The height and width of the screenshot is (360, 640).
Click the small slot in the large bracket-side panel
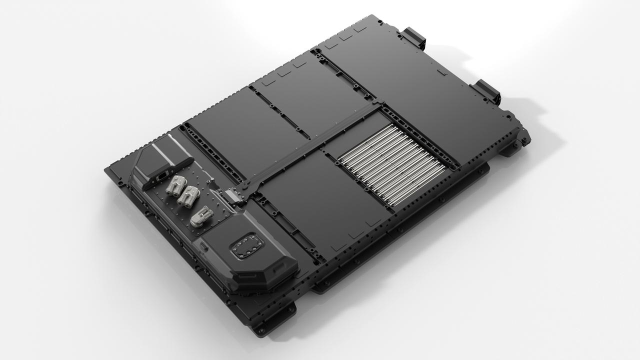click(441, 72)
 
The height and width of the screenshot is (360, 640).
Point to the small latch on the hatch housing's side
click(204, 246)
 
